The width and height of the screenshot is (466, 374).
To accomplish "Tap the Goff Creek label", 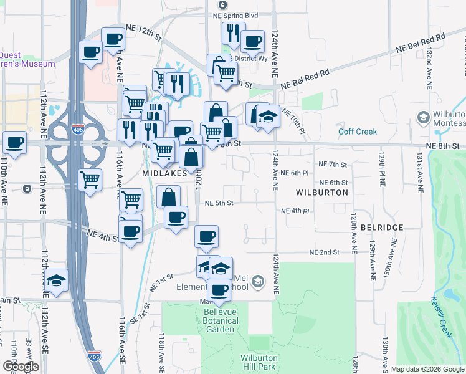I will click(x=357, y=132).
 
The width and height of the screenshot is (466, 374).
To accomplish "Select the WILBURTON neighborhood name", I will click(x=321, y=193).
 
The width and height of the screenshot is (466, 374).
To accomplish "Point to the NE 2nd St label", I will click(x=325, y=252).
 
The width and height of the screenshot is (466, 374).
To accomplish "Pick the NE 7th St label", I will click(x=331, y=165).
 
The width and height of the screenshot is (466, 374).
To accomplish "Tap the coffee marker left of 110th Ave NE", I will click(x=14, y=141).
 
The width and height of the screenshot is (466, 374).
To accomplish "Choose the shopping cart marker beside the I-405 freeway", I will click(x=91, y=180).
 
